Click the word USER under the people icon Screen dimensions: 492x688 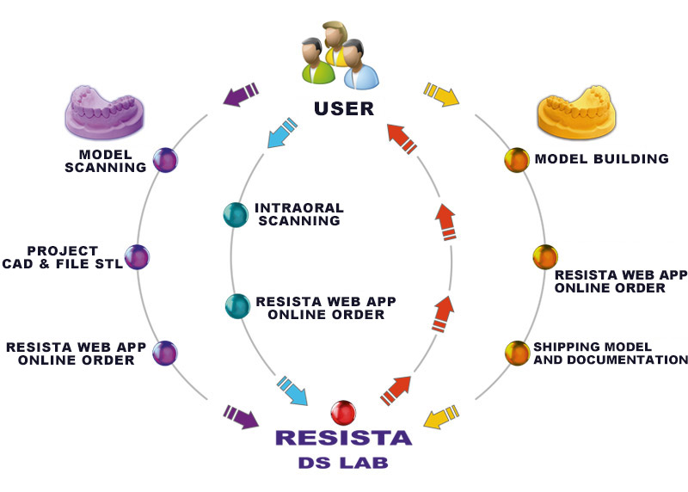(344, 109)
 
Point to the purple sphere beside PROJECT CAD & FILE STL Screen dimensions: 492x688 (137, 256)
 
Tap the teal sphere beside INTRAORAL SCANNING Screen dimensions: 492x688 (235, 214)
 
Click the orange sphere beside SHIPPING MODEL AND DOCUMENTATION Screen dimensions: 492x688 (516, 352)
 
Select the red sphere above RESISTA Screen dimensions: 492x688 (343, 411)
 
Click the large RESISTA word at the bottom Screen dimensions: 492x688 (343, 437)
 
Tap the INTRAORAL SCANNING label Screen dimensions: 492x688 (297, 214)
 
